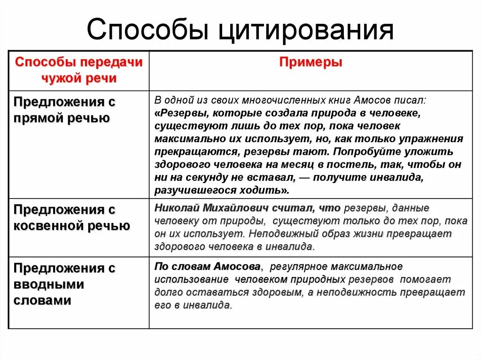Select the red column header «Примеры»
point(310,62)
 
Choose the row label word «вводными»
point(48,284)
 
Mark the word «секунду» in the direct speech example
point(225,177)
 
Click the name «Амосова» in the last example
point(237,267)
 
